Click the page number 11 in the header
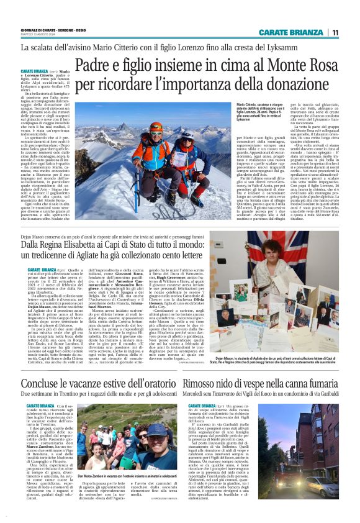(x=335, y=32)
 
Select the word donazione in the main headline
(x=291, y=82)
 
